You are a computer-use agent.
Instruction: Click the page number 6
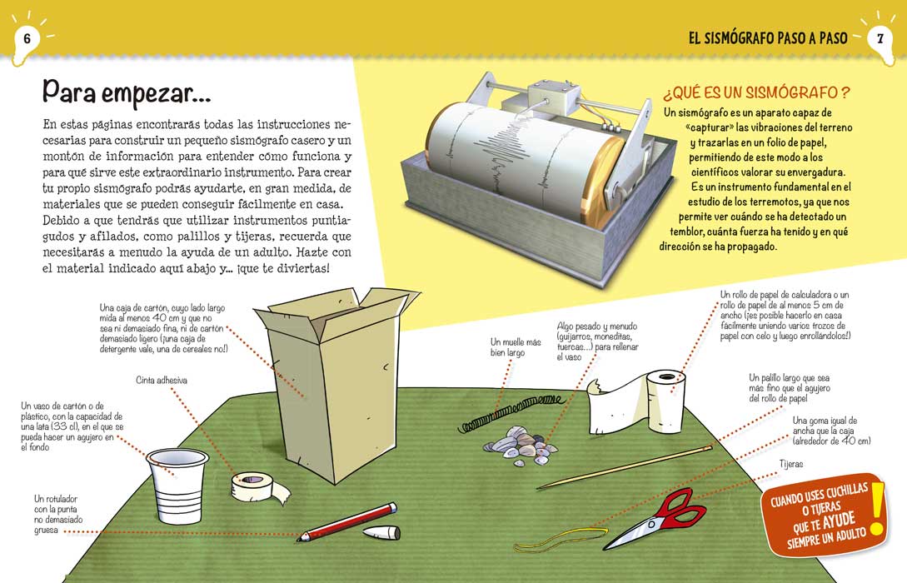click(27, 37)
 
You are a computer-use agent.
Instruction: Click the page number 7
click(880, 38)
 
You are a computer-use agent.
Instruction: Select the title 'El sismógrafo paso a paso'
click(768, 38)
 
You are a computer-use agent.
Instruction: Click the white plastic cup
click(175, 484)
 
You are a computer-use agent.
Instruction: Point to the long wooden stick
click(625, 466)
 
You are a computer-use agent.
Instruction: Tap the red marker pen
click(346, 521)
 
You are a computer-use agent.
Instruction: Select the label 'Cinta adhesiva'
click(162, 380)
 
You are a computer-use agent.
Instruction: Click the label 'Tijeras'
click(791, 464)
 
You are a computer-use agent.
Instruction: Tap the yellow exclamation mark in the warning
click(875, 512)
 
